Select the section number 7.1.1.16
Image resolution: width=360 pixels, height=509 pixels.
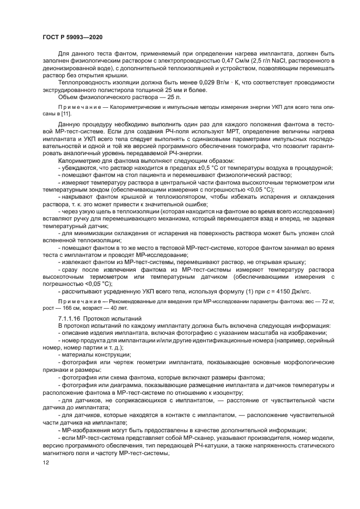[70, 317]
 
